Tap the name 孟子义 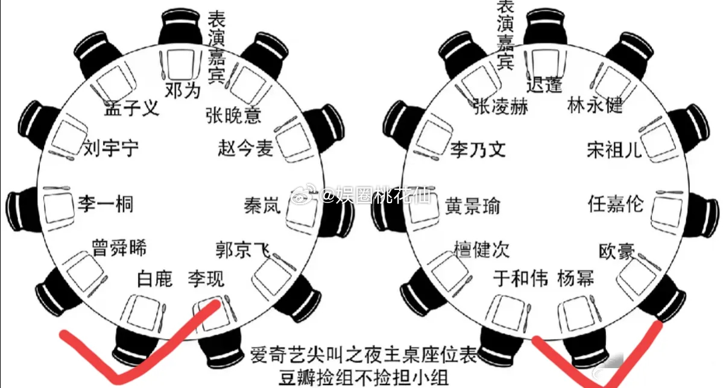pos(131,109)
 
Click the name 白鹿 pos(154,278)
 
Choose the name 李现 pos(206,278)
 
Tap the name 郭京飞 pos(242,249)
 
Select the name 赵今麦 pos(245,148)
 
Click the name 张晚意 pos(233,114)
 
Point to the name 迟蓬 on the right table pos(544,85)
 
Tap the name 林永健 pos(595,106)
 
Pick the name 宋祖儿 pos(614,150)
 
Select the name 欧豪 pos(616,251)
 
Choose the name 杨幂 pos(575,278)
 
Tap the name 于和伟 pos(520,278)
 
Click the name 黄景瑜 pos(473,207)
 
